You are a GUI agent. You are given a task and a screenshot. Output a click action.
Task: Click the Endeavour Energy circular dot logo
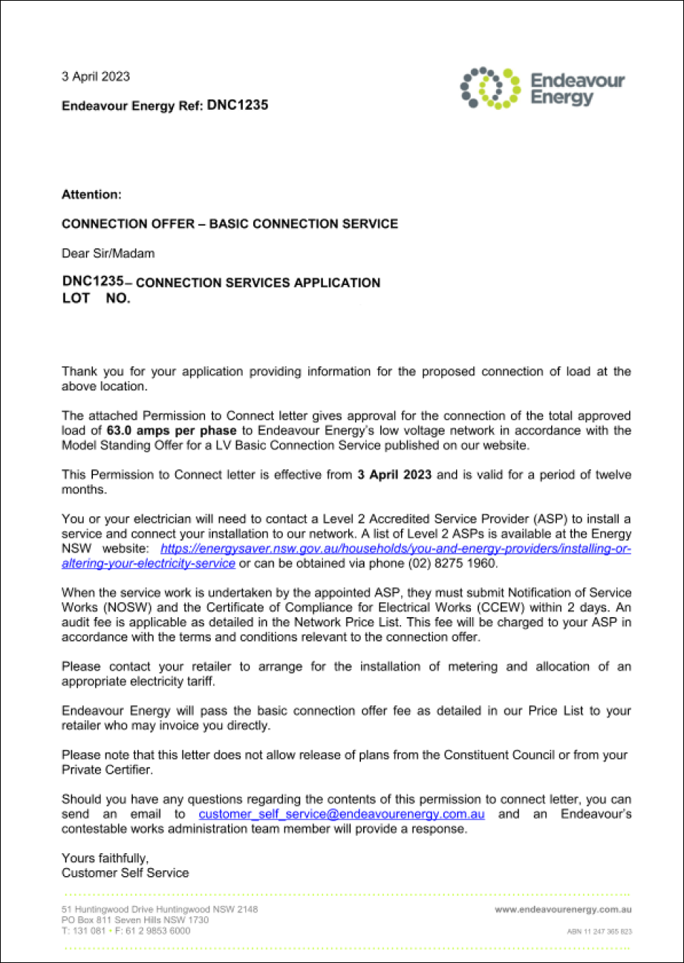pos(491,88)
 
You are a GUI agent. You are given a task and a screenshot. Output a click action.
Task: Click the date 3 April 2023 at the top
pos(95,76)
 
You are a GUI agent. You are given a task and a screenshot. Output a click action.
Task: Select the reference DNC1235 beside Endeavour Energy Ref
pos(238,105)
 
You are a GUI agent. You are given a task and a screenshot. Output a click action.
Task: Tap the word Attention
pos(91,195)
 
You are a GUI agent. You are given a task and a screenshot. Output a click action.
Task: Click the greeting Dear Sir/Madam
pos(108,253)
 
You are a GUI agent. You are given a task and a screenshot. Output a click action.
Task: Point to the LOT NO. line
pos(96,298)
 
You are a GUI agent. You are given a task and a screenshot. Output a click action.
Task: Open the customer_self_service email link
pos(342,815)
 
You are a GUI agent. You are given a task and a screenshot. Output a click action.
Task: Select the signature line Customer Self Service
pos(125,873)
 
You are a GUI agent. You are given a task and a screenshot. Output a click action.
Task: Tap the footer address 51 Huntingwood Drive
pos(160,910)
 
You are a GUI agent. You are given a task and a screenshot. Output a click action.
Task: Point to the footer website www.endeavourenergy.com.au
pos(563,910)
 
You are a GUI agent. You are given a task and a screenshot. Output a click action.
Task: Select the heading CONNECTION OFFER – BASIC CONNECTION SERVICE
pos(229,223)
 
